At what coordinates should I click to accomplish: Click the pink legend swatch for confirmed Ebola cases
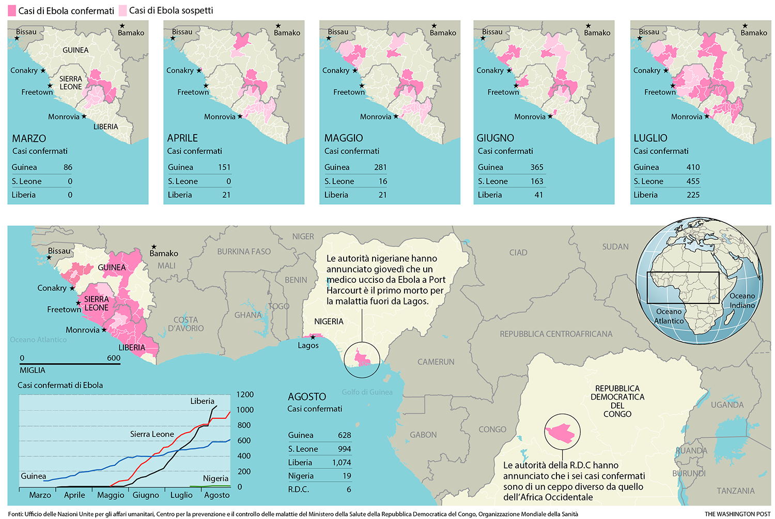coord(12,10)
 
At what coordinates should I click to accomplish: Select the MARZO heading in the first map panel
coord(29,139)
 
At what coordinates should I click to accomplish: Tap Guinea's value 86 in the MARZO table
coord(68,167)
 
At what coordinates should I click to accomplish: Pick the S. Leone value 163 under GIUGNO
coord(537,181)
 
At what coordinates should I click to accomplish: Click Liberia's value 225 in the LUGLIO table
coord(693,195)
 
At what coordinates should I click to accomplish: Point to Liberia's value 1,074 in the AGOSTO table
coord(341,463)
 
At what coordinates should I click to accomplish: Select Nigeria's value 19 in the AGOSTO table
coord(347,476)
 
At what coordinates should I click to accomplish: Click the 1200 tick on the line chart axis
coord(245,394)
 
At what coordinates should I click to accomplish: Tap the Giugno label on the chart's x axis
coord(146,495)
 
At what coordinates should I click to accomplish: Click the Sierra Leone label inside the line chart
coord(152,434)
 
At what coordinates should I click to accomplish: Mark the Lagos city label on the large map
coord(308,345)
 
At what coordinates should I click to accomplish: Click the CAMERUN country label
coord(436,362)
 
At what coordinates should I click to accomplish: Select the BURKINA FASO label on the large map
coord(244,252)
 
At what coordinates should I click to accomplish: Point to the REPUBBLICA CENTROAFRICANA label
coord(556,334)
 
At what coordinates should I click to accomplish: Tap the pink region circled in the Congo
coord(561,433)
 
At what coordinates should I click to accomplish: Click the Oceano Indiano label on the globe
coord(742,300)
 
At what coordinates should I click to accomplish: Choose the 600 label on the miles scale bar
coord(114,358)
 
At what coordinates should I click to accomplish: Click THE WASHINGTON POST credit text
coord(737,514)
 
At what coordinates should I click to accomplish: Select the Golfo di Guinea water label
coord(367,392)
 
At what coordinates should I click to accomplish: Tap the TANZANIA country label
coord(735,491)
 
